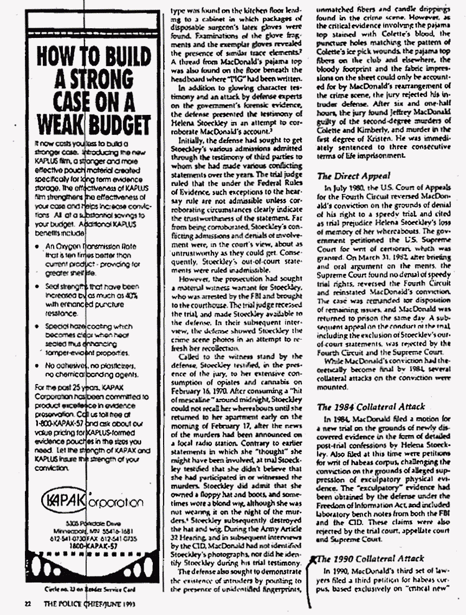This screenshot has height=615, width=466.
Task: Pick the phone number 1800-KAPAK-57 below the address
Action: [x=92, y=548]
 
